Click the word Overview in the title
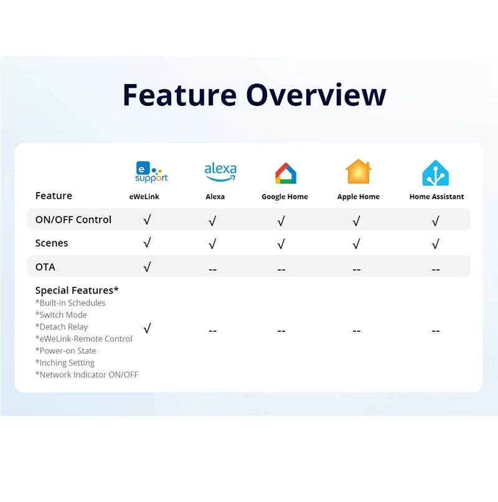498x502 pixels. coord(316,95)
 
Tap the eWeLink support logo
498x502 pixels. coord(151,172)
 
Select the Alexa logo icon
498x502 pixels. coord(220,171)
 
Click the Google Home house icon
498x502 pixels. coord(286,173)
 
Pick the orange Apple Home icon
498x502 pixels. coord(359,171)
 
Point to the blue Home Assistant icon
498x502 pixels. coord(435,173)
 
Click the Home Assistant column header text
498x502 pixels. coord(436,196)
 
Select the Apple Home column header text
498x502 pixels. coord(359,196)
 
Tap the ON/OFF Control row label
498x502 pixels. coord(73,220)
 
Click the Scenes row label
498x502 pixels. coord(52,243)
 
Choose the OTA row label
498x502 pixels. coord(45,267)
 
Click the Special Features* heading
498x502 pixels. coord(77,291)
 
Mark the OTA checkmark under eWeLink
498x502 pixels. coord(147,267)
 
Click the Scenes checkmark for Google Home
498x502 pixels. coord(281,244)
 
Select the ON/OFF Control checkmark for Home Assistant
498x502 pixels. coord(435,221)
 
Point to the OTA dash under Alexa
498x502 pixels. coord(212,270)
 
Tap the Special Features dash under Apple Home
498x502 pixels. coord(357,331)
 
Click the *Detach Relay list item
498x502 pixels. coord(62,327)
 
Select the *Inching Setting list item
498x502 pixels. coord(65,363)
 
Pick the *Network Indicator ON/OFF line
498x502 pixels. coord(87,375)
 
